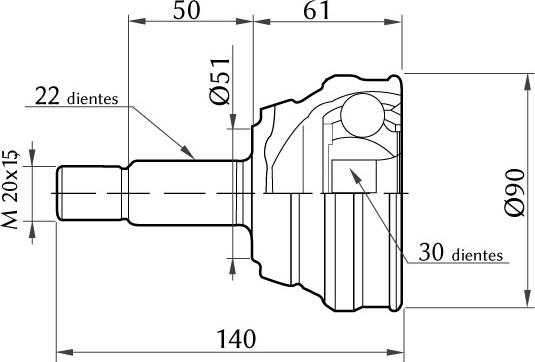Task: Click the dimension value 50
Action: [186, 11]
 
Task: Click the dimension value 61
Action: [317, 11]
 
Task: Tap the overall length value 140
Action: [236, 339]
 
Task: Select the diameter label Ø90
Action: [515, 193]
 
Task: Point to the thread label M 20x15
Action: [10, 189]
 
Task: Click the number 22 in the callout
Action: [47, 96]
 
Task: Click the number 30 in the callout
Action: [431, 252]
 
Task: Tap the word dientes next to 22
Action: [93, 99]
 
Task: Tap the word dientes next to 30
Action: [477, 255]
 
